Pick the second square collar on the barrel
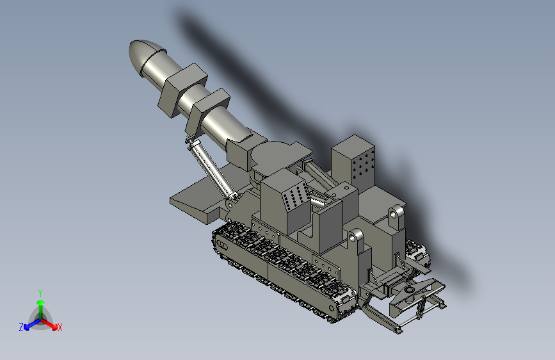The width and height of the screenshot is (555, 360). click(207, 111)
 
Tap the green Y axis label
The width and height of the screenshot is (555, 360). click(40, 293)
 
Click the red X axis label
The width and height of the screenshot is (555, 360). click(60, 327)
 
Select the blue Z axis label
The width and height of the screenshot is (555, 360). click(21, 327)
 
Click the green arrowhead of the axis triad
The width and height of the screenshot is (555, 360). click(41, 302)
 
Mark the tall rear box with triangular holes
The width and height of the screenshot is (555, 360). click(353, 163)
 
